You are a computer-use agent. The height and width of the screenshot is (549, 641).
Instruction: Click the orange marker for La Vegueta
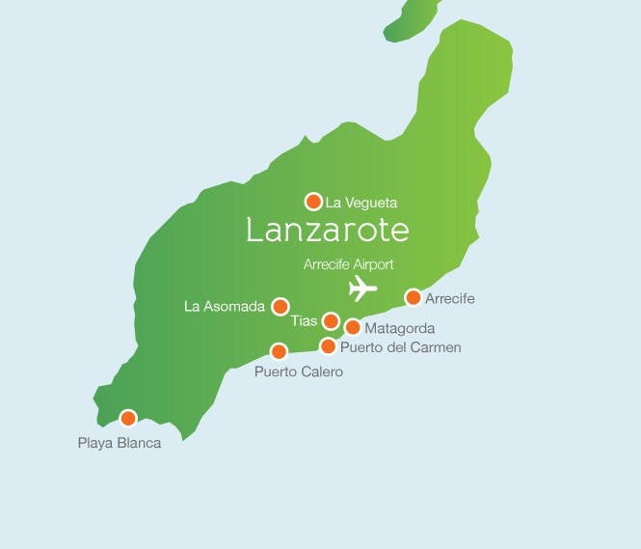point(313,202)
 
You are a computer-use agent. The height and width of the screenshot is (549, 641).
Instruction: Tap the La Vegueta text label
point(361,203)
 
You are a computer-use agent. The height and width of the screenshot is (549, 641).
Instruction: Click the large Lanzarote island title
point(328,231)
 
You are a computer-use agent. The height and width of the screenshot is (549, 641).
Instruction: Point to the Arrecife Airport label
point(348,264)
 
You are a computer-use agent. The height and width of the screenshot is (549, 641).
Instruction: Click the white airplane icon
point(361,288)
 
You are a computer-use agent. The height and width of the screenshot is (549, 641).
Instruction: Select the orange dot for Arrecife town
point(414,297)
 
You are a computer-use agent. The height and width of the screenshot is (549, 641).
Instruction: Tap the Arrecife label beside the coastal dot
point(450,299)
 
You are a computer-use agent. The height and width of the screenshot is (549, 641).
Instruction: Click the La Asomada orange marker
point(280,307)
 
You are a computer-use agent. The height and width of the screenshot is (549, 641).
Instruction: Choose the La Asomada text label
point(225,307)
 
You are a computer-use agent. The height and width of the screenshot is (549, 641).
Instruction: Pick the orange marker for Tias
point(331,321)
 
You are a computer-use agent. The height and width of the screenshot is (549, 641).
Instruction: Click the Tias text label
point(304,321)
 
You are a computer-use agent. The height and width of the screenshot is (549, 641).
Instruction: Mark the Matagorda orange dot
point(353,327)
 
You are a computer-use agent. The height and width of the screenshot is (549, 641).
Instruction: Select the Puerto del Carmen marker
point(328,346)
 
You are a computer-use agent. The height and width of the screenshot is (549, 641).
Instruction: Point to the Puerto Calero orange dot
point(279,351)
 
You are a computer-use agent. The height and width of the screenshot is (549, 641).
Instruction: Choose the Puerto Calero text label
point(298,371)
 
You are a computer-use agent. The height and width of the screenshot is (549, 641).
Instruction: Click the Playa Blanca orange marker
point(127,418)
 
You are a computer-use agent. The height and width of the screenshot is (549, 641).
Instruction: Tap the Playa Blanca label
point(120,444)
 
